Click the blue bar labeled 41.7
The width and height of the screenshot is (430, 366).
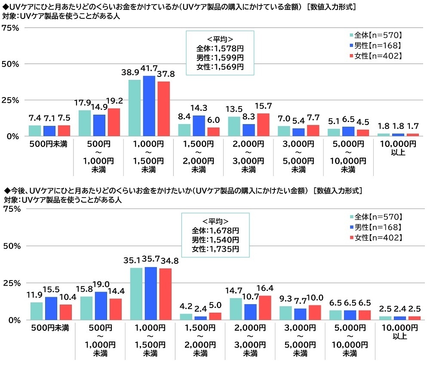click(x=149, y=106)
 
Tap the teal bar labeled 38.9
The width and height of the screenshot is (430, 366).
click(x=135, y=108)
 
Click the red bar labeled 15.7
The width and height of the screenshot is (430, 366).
click(x=263, y=125)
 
